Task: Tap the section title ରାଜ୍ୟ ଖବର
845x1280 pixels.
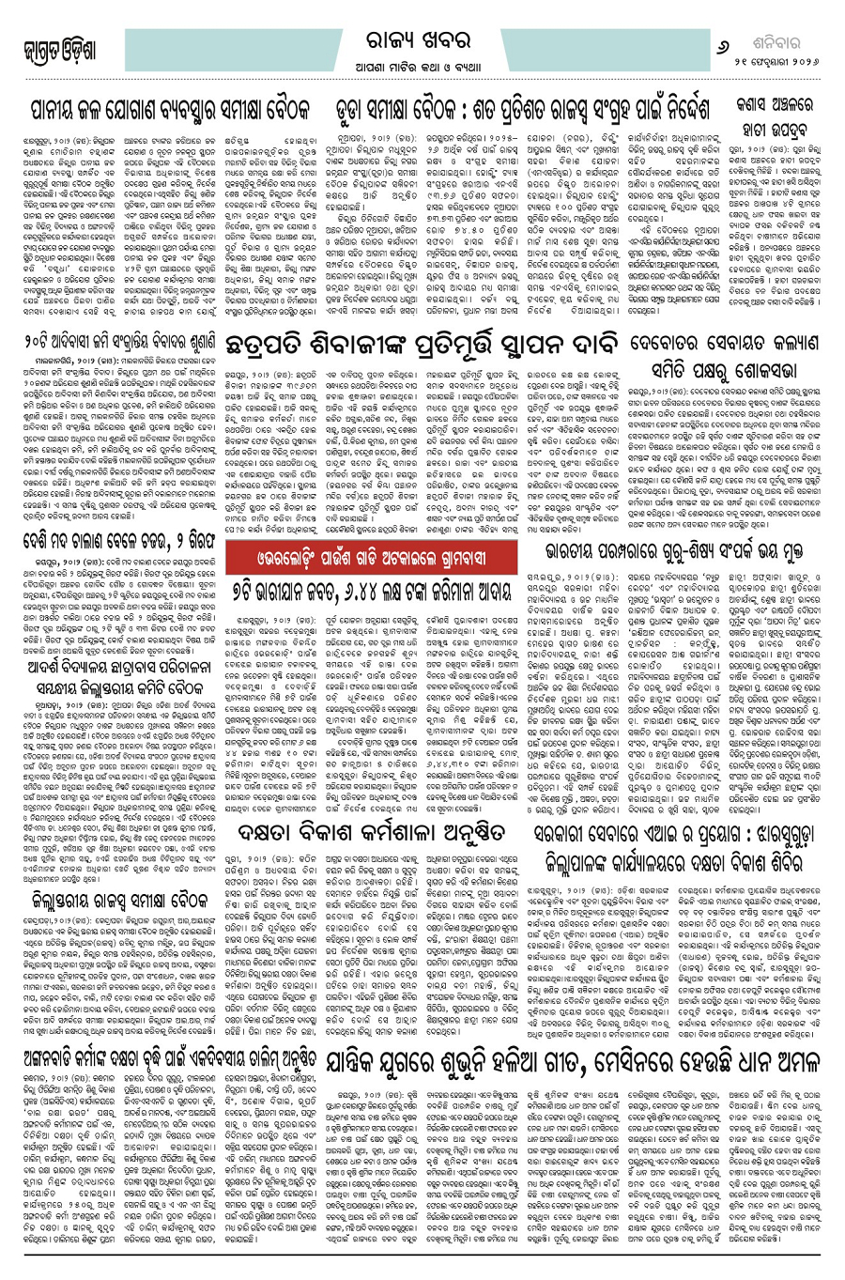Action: coord(422,26)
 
